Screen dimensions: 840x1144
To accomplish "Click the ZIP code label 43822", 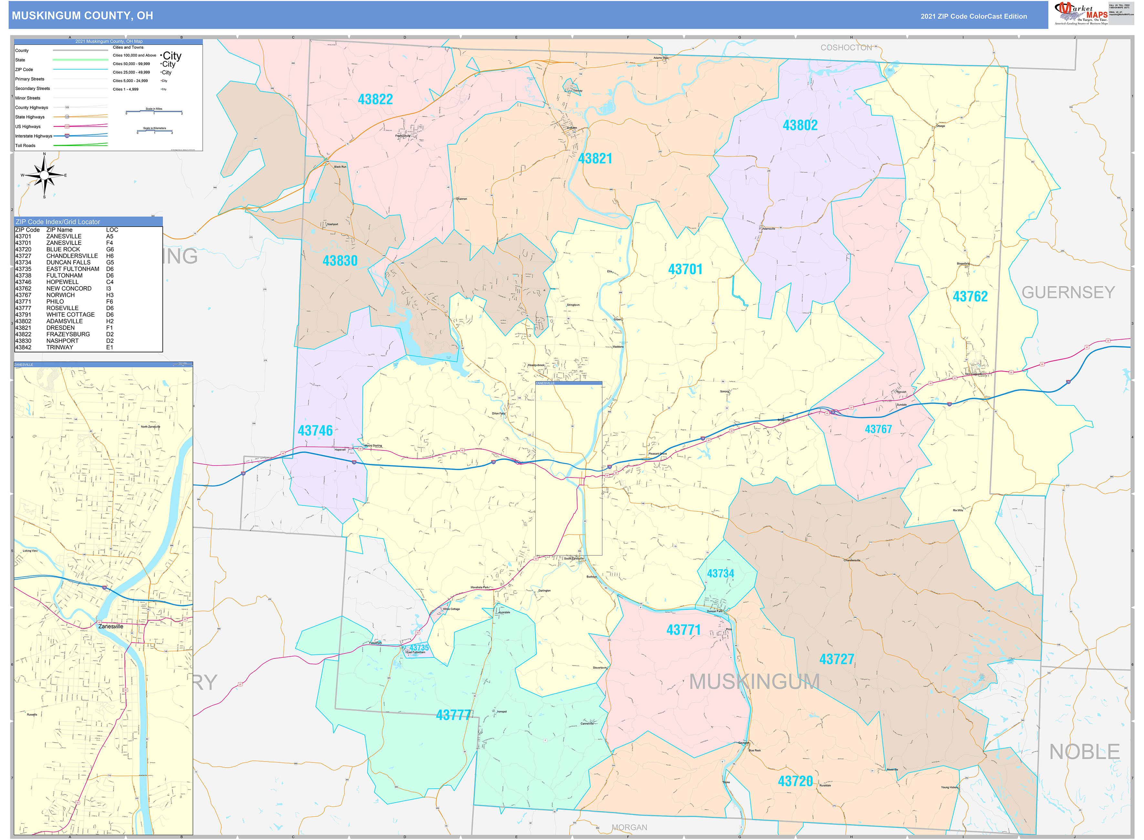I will [x=375, y=99].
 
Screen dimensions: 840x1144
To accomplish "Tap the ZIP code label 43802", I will [x=800, y=125].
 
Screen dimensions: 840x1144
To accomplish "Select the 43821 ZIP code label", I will [x=595, y=159].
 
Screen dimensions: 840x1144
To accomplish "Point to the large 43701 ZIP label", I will [x=685, y=269].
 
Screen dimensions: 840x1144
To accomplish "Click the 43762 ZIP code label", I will [x=970, y=297].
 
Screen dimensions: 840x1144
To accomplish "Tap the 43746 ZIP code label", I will [x=315, y=431].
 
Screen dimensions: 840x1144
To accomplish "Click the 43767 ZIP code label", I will [x=878, y=429].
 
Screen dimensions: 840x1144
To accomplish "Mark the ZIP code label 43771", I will [x=683, y=630].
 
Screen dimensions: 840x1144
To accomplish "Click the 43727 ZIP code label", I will [x=836, y=659].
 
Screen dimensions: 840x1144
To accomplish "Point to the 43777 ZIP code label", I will [x=454, y=715].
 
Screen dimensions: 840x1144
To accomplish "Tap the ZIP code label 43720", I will [x=795, y=781].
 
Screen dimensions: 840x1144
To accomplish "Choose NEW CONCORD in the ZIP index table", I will [x=68, y=288].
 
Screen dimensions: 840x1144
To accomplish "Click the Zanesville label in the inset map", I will [x=110, y=626].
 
